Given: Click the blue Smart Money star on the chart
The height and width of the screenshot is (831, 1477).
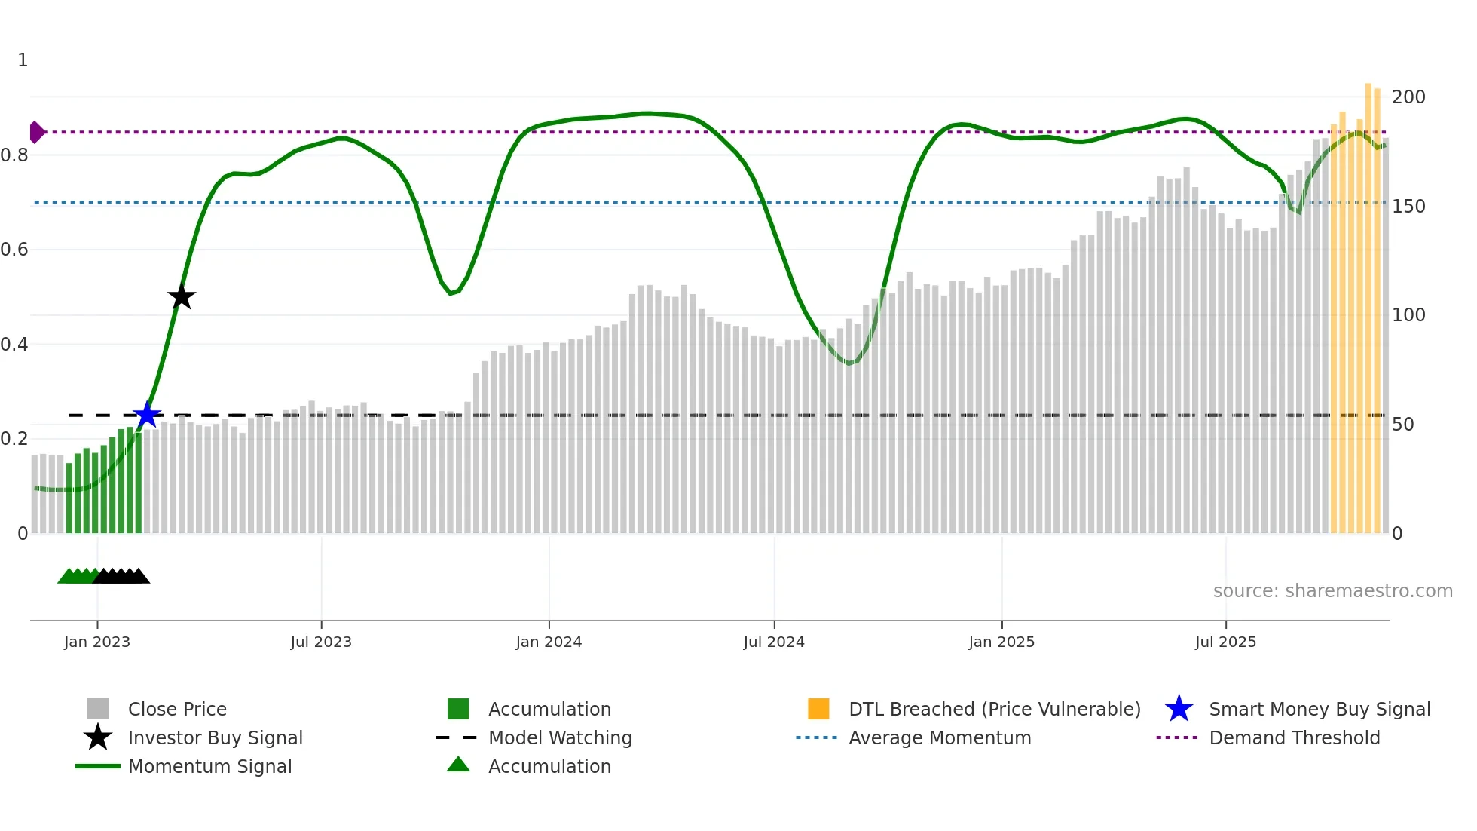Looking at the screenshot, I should click(147, 415).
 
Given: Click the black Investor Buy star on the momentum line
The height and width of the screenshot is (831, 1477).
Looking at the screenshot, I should click(181, 296).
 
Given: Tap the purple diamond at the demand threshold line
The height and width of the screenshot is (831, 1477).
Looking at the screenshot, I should click(36, 132).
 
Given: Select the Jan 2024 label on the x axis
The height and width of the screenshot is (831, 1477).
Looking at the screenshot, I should click(549, 642).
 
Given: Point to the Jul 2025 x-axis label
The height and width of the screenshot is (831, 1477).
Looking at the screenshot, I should click(1225, 642).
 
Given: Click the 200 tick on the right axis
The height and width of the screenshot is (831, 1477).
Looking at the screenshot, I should click(1408, 97).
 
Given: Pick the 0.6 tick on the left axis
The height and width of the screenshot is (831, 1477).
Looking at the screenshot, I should click(14, 250).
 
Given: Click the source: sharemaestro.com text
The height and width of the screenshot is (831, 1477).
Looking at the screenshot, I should click(1332, 591).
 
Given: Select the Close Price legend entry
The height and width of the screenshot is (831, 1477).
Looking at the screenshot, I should click(177, 709).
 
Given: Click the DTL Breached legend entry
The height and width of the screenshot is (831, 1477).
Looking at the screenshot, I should click(994, 709).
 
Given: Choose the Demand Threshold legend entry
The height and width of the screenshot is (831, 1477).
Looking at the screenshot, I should click(1294, 737).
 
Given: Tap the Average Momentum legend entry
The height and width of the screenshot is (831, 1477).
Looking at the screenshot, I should click(939, 737).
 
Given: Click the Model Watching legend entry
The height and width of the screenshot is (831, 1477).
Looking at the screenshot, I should click(559, 737).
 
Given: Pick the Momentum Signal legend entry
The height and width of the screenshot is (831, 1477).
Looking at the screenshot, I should click(209, 766).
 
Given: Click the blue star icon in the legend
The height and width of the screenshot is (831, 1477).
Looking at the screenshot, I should click(1179, 709).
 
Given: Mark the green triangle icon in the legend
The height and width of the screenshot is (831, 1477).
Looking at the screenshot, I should click(458, 765).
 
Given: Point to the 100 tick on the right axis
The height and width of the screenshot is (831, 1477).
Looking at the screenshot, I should click(1408, 315).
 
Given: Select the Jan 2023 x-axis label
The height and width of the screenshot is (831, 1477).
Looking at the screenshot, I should click(97, 642).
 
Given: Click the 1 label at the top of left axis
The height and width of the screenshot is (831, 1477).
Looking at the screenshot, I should click(23, 60).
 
